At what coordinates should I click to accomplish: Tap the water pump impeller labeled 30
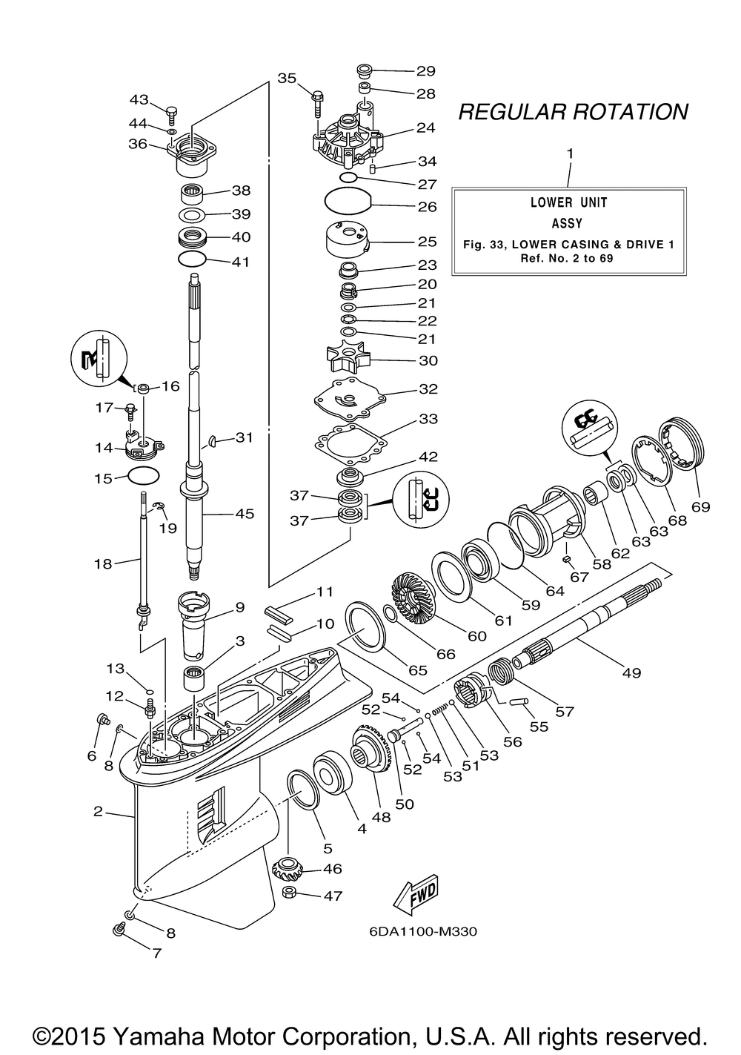tap(348, 361)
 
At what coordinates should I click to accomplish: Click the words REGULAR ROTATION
tap(573, 112)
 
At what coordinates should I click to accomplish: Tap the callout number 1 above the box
tap(570, 153)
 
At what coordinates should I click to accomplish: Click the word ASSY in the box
tap(567, 222)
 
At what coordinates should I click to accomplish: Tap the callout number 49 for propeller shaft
tap(631, 672)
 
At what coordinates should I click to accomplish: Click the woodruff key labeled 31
tap(213, 441)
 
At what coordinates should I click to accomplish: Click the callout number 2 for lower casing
tap(98, 812)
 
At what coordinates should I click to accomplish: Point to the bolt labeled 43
tap(173, 114)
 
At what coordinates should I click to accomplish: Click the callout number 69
tap(700, 507)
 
